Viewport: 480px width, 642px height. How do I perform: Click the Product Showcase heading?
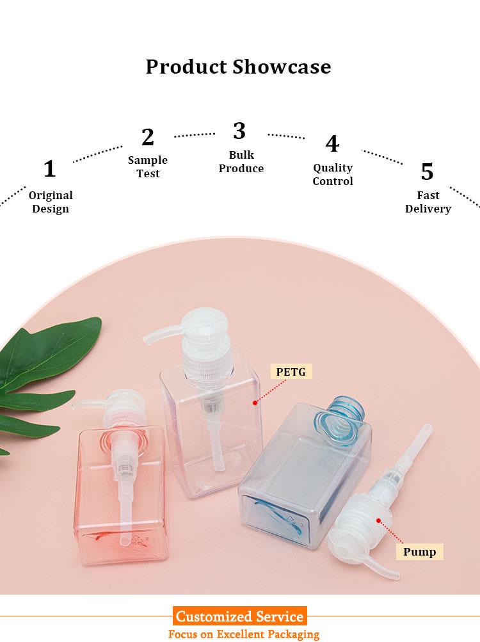(x=238, y=67)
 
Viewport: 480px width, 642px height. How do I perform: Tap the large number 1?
(x=49, y=169)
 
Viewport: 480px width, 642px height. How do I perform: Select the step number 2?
(x=148, y=137)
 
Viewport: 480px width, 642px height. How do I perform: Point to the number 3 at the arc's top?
(x=239, y=131)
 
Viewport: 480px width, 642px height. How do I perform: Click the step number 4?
(x=332, y=144)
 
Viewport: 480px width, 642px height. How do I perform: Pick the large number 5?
(x=427, y=172)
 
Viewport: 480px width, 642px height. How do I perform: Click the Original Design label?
(x=51, y=202)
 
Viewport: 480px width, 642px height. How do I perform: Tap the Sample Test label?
(x=148, y=166)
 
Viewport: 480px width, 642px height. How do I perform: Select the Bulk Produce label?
(x=241, y=162)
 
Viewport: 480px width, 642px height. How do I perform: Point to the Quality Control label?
(x=333, y=174)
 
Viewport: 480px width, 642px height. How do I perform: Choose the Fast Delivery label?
(x=428, y=202)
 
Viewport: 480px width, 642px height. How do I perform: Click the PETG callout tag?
(x=291, y=372)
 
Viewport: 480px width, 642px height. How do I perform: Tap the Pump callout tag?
(x=419, y=552)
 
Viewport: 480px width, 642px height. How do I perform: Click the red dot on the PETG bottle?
(x=255, y=403)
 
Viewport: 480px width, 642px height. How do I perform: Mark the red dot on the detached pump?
(x=379, y=521)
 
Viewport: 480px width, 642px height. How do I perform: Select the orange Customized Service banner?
(x=239, y=616)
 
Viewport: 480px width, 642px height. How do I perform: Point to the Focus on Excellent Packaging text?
(x=244, y=634)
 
